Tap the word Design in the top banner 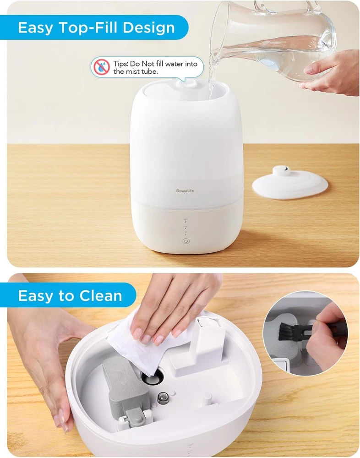point(148,28)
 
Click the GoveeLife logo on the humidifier point(185,191)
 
